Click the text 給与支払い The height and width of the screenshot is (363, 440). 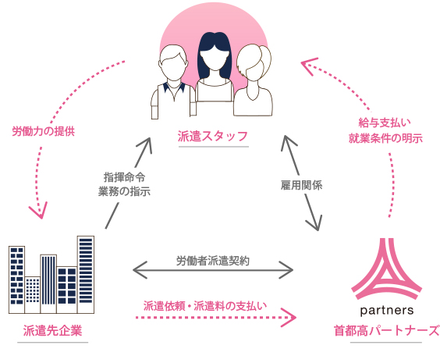point(385,123)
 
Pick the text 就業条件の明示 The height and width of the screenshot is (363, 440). point(385,138)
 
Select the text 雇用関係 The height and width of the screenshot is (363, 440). point(302,185)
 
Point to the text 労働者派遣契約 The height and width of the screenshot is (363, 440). point(212,261)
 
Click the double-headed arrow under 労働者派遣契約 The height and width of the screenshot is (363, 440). point(212,272)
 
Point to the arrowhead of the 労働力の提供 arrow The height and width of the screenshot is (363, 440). point(36,208)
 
